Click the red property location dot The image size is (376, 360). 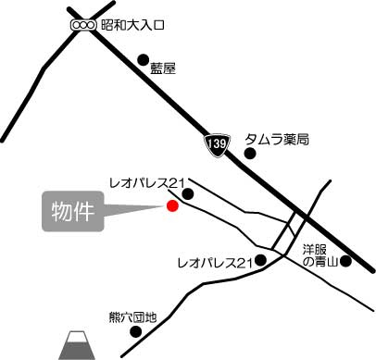point(171,206)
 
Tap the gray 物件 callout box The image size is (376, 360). point(71,212)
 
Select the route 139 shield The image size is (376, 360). point(216,144)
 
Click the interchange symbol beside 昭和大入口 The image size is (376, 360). point(83,25)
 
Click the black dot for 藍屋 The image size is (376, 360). point(143,60)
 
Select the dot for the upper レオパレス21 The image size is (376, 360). point(188,194)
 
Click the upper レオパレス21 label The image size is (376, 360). point(147,181)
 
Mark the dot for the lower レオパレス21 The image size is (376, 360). point(261,262)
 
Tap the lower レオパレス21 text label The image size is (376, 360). point(215,265)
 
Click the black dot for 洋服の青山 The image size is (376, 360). point(345,262)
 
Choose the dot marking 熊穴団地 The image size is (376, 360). point(135,331)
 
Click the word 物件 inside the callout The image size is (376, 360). point(71,211)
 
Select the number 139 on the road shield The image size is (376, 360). point(216,145)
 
